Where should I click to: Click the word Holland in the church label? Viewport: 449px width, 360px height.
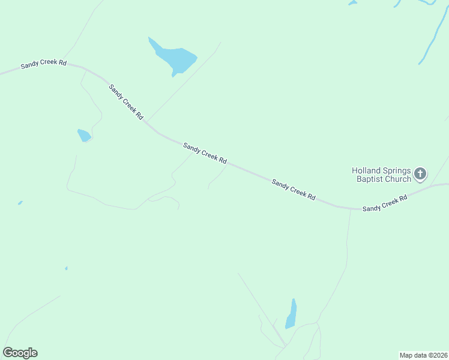point(365,170)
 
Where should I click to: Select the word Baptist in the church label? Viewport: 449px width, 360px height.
point(369,179)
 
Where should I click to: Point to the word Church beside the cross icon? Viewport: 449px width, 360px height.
point(398,179)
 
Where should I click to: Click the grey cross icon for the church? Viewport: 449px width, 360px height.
point(420,175)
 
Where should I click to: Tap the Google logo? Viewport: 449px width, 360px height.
point(20,353)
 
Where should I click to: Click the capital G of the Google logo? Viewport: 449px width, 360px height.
point(8,353)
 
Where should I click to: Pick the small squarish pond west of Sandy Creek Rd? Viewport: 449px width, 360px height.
point(84,136)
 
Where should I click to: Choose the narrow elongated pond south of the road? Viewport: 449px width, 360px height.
point(291,314)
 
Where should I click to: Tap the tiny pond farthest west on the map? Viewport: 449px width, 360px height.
point(20,203)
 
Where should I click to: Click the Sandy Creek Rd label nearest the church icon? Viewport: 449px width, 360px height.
point(385,203)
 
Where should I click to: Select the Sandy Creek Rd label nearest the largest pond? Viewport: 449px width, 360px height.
point(125,101)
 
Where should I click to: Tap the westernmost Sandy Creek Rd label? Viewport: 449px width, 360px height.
point(43,64)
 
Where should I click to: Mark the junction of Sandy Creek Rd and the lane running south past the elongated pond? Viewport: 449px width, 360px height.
point(351,209)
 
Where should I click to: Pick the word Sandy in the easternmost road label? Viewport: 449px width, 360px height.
point(372,207)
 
